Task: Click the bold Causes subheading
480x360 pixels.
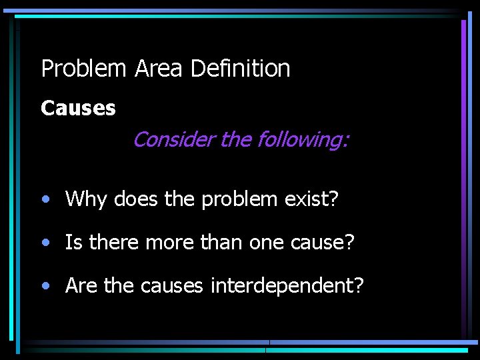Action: pyautogui.click(x=78, y=108)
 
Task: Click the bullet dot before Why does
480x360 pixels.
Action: pyautogui.click(x=45, y=199)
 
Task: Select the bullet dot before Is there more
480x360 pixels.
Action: pyautogui.click(x=45, y=243)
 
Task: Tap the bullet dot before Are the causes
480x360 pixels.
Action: pyautogui.click(x=45, y=287)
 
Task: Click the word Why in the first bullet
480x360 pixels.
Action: pyautogui.click(x=87, y=199)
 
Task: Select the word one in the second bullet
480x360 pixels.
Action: pyautogui.click(x=266, y=243)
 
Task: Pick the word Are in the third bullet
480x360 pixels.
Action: pyautogui.click(x=81, y=287)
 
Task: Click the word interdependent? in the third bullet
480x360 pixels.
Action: pyautogui.click(x=287, y=287)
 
